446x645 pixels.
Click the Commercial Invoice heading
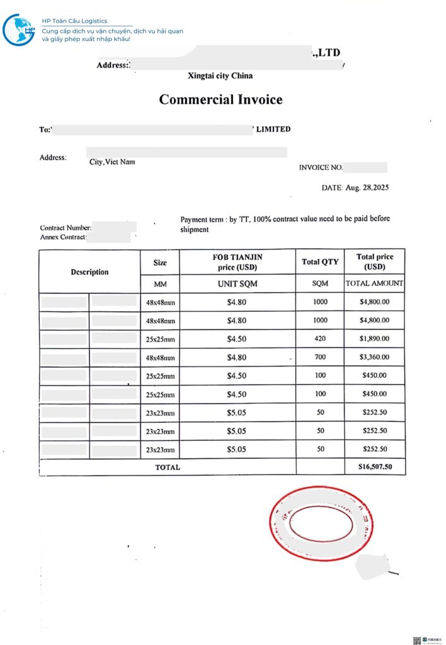(x=220, y=100)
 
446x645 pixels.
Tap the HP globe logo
(x=18, y=30)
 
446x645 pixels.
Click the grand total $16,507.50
(x=375, y=467)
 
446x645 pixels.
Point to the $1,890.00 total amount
(x=375, y=339)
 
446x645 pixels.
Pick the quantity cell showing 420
(x=320, y=339)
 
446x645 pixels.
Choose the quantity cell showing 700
(x=320, y=357)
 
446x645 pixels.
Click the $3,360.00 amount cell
(x=375, y=357)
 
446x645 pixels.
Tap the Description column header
(x=89, y=272)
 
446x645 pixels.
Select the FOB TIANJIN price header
(x=237, y=262)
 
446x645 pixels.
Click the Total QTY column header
(x=320, y=262)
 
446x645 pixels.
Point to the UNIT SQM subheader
(x=237, y=284)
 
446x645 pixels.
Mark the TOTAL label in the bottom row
(x=168, y=467)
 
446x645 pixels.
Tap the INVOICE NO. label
(x=321, y=168)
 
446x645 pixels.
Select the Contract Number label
(x=66, y=228)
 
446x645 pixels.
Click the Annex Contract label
(x=63, y=237)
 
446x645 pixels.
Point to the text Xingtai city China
(x=220, y=76)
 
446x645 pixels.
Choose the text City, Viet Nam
(x=112, y=162)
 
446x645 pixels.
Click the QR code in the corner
(x=416, y=640)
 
